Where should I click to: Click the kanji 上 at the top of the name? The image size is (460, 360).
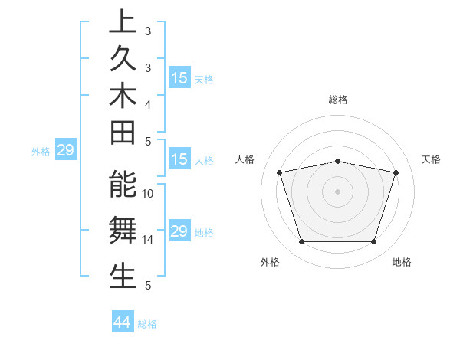[x=123, y=22]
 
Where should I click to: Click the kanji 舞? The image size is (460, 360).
[x=123, y=231]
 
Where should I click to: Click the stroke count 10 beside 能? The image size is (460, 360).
[x=148, y=194]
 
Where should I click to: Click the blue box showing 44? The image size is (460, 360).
[x=122, y=322]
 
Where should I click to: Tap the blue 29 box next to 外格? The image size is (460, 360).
[x=65, y=151]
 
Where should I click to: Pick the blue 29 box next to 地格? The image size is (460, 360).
[x=179, y=231]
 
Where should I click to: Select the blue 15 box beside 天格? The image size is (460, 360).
[x=179, y=78]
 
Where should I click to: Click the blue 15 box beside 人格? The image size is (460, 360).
[x=179, y=160]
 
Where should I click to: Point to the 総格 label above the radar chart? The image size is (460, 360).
[x=338, y=100]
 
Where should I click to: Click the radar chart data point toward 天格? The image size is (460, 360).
[x=396, y=172]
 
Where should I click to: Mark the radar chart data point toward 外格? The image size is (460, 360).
[x=301, y=242]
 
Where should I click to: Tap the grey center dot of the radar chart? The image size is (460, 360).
[x=338, y=191]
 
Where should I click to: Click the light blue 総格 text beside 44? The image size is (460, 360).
[x=147, y=324]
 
